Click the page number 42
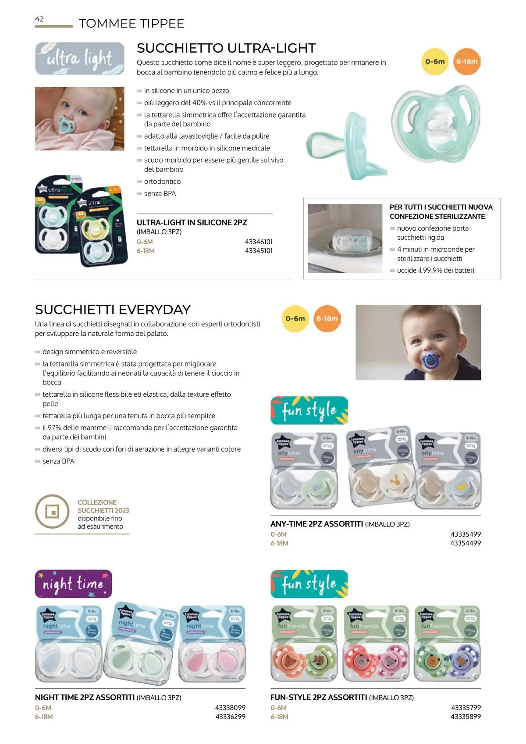(39, 19)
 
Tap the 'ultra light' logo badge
(79, 58)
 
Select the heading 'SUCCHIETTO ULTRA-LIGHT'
(226, 48)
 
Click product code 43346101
(259, 242)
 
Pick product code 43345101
(259, 251)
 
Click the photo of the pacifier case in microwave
(345, 239)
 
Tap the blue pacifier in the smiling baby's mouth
(429, 357)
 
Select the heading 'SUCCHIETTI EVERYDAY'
(113, 310)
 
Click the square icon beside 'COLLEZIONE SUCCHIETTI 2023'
(52, 511)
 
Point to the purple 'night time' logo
(73, 584)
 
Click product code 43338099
(230, 708)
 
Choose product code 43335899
(466, 716)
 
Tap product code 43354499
(466, 543)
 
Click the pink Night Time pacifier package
(212, 644)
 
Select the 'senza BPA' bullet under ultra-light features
(160, 193)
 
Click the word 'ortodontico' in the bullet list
(162, 182)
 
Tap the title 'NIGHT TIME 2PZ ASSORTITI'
(85, 697)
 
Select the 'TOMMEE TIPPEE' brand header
(131, 23)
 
